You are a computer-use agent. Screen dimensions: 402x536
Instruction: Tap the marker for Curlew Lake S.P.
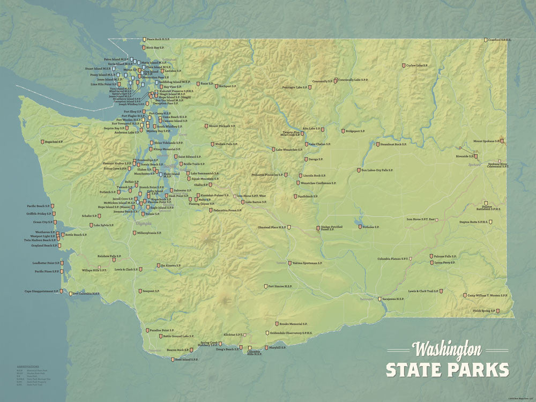point(404,65)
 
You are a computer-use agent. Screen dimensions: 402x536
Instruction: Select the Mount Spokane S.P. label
point(486,142)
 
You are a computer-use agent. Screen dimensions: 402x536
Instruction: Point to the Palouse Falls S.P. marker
point(431,257)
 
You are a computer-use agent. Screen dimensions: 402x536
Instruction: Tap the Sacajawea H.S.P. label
point(393,299)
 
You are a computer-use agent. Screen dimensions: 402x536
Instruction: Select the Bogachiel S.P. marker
point(43,142)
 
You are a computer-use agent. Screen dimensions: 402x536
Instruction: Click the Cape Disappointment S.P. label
point(42,292)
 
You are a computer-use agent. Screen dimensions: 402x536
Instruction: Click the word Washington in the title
point(446,351)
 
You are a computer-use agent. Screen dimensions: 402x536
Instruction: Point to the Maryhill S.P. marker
point(265,348)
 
